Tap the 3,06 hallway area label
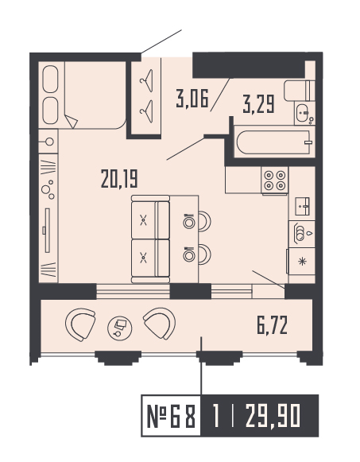coord(192,99)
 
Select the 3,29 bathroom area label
coord(259,104)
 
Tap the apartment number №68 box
coord(171,415)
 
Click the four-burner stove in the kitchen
coord(275,181)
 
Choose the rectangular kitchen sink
coord(302,206)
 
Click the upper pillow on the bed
coord(49,80)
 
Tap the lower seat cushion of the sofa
coord(144,257)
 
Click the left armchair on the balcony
coord(81,324)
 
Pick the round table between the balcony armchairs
coord(119,326)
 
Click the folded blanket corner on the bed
coord(72,122)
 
